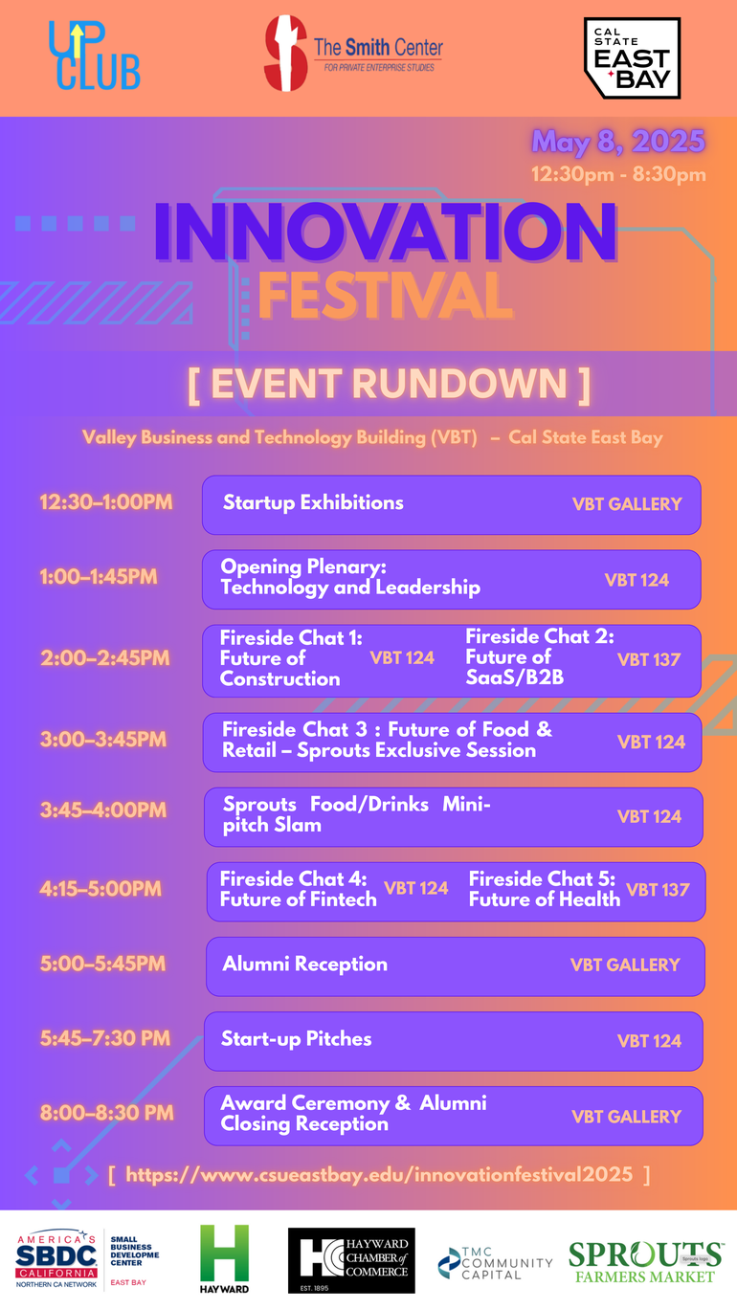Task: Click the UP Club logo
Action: (x=94, y=56)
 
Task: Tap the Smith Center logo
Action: (x=353, y=54)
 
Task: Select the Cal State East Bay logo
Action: (x=632, y=58)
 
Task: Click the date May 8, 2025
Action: (x=618, y=142)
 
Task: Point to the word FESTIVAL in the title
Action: (x=385, y=296)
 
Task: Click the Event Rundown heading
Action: (x=388, y=384)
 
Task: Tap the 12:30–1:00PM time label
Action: (x=106, y=501)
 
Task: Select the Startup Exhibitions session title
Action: (x=313, y=502)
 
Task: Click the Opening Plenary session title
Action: (x=350, y=577)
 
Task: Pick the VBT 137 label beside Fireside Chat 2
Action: (x=648, y=659)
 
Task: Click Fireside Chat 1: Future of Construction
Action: (x=291, y=658)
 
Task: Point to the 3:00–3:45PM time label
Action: (x=103, y=740)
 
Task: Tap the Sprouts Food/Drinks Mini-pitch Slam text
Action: (x=356, y=814)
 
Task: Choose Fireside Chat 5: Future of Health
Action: (x=544, y=889)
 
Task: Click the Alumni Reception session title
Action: (x=304, y=964)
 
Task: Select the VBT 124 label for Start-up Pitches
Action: (x=649, y=1040)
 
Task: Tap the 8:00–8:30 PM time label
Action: (x=107, y=1113)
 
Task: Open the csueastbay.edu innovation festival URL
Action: (x=379, y=1174)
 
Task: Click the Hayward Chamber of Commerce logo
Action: (x=351, y=1260)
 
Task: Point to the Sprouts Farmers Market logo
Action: (x=645, y=1261)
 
